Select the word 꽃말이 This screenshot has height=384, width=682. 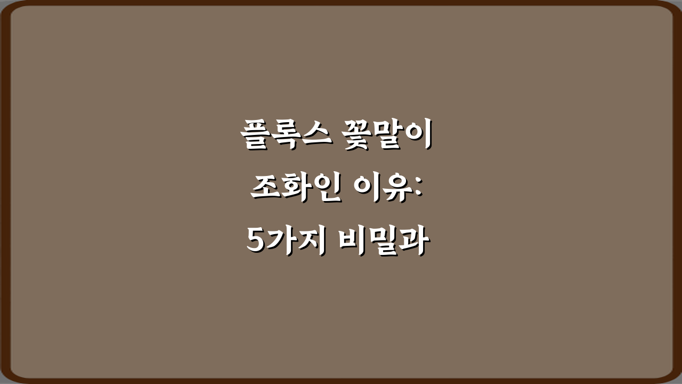pos(387,137)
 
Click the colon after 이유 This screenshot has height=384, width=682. pos(418,189)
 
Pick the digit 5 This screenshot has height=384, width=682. pos(257,243)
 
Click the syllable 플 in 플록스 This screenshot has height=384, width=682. pos(254,137)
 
